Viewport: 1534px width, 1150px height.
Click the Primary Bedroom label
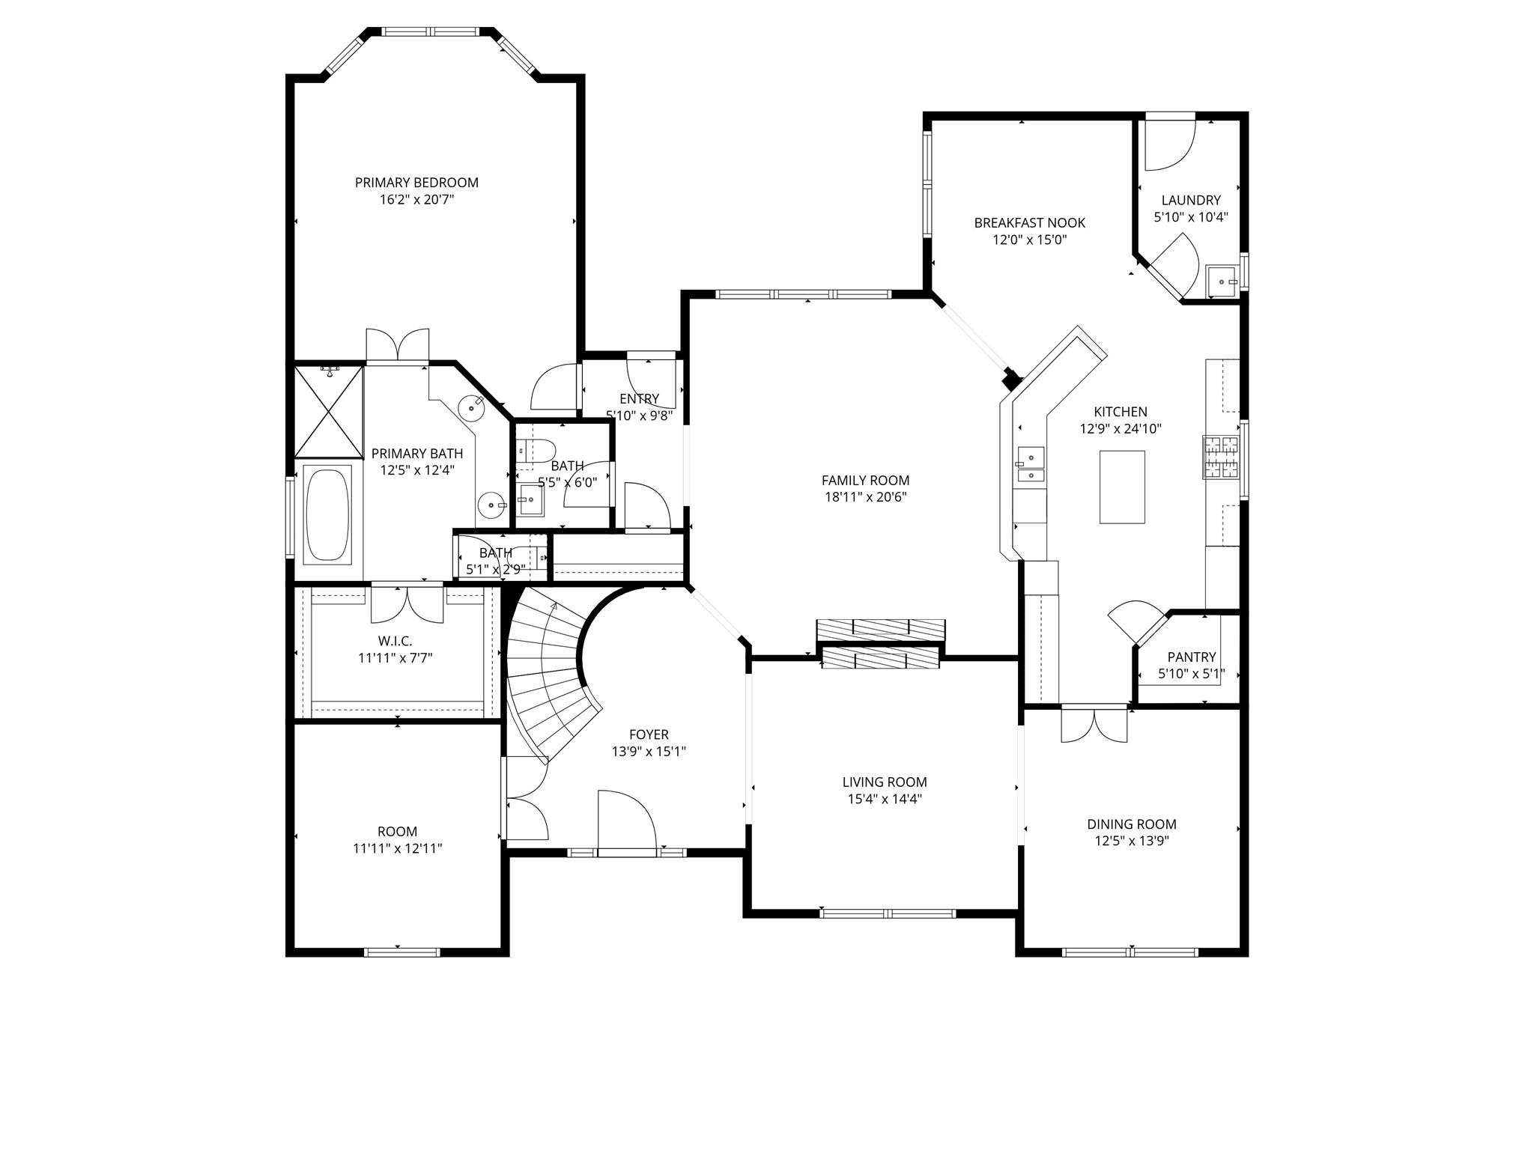click(x=416, y=183)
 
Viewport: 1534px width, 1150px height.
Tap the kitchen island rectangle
click(x=1121, y=487)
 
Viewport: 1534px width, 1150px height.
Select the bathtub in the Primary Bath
click(x=327, y=514)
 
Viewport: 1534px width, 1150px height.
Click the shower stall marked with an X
click(x=327, y=411)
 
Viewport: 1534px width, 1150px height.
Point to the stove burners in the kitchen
click(x=1221, y=457)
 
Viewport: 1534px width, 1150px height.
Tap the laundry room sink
click(x=1222, y=282)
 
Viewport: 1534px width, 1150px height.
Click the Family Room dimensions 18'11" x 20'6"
click(x=865, y=497)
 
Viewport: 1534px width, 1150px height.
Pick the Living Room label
click(x=885, y=782)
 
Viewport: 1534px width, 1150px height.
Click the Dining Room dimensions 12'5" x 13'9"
click(x=1132, y=841)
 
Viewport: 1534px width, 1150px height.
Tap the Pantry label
click(x=1191, y=657)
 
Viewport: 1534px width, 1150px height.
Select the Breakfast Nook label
click(x=1029, y=223)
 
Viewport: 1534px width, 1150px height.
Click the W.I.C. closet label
click(x=395, y=642)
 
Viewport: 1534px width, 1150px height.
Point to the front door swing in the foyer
click(x=627, y=820)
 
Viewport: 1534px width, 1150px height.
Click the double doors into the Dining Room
click(x=1094, y=724)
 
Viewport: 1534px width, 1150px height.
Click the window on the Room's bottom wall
click(x=401, y=952)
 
